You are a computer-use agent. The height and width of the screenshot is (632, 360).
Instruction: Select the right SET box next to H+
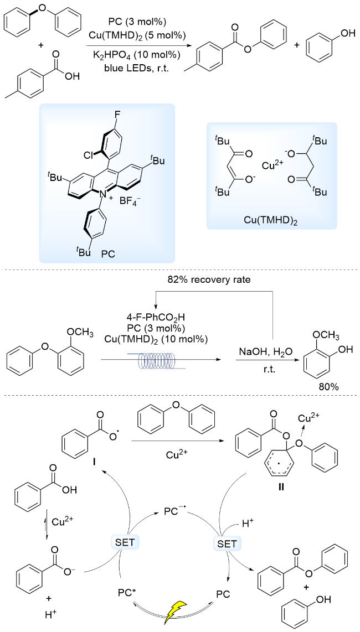click(227, 543)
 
